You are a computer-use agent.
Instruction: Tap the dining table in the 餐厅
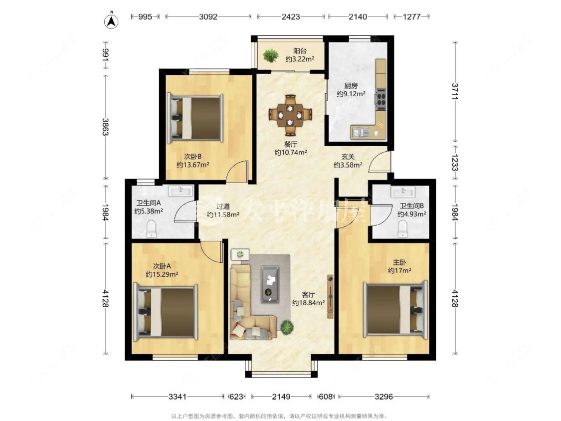[291, 115]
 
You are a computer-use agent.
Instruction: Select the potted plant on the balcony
[270, 55]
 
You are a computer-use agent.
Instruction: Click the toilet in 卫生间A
[152, 229]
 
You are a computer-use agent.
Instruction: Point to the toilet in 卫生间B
[403, 229]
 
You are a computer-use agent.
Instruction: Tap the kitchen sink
[361, 133]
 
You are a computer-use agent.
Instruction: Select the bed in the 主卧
[395, 310]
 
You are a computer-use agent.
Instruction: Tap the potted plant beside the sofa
[287, 327]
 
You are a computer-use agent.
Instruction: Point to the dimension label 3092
[208, 16]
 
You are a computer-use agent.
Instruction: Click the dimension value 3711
[455, 92]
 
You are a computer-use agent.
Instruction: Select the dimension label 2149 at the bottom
[281, 396]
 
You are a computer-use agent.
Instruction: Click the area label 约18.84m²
[308, 303]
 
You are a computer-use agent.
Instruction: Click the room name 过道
[223, 207]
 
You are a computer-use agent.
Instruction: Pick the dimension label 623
[236, 396]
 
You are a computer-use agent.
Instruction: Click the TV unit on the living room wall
[330, 296]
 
